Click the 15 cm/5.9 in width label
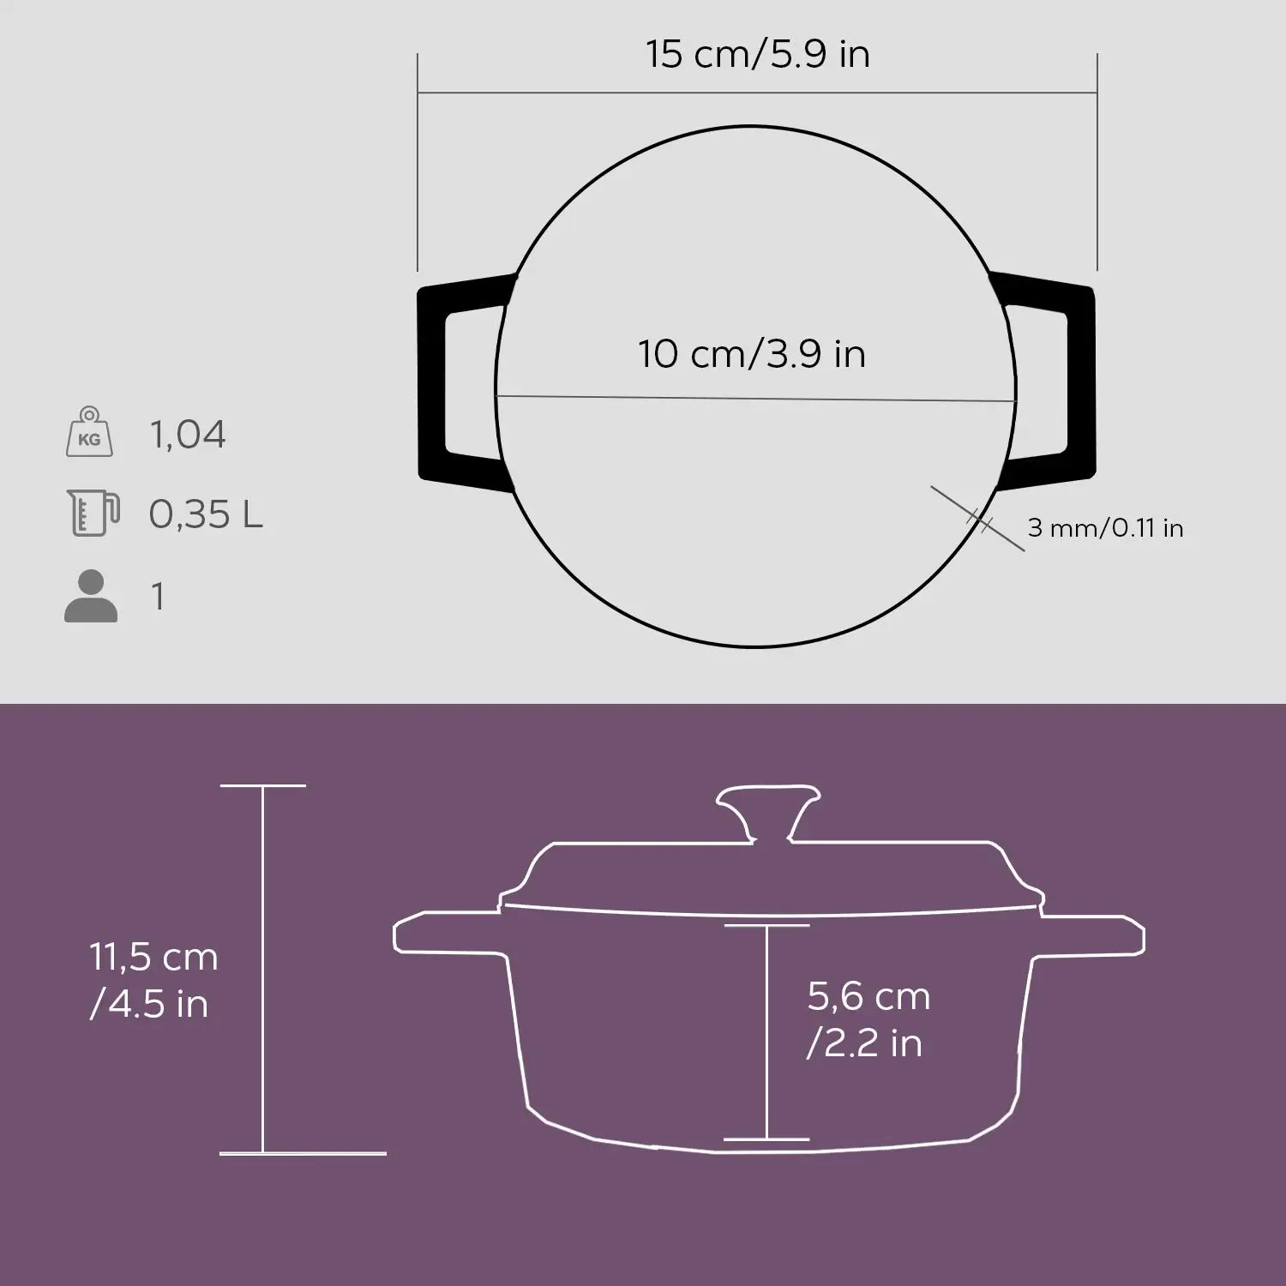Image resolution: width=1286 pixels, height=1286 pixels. tap(758, 54)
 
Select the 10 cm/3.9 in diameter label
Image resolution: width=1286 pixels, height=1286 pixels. tap(752, 354)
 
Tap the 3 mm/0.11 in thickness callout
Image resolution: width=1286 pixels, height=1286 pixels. tap(1105, 528)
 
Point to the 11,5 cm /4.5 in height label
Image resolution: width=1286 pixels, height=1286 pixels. tap(153, 980)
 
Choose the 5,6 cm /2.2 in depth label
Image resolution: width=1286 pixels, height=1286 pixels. tap(868, 1019)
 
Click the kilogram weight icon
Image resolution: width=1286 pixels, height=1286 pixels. tap(89, 433)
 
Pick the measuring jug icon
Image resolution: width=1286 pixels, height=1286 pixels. tap(92, 513)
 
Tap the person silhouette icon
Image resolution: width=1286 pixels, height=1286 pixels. tap(90, 596)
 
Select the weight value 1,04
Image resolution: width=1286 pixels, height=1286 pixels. tap(188, 435)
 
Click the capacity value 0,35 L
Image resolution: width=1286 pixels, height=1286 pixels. tap(206, 514)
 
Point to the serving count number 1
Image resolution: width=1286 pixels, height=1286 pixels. tap(158, 596)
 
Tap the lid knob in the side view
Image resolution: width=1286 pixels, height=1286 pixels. tap(768, 806)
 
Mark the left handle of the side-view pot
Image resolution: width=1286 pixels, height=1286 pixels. tap(446, 936)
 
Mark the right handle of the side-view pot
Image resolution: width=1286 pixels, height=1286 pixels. tap(1093, 936)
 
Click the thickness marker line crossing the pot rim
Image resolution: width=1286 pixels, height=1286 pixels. tap(978, 519)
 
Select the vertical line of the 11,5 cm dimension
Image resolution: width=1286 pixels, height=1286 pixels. tap(262, 969)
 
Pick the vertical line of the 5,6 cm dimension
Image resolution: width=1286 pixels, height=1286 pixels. tap(766, 1032)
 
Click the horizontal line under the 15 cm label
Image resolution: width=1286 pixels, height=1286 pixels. tap(757, 93)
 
